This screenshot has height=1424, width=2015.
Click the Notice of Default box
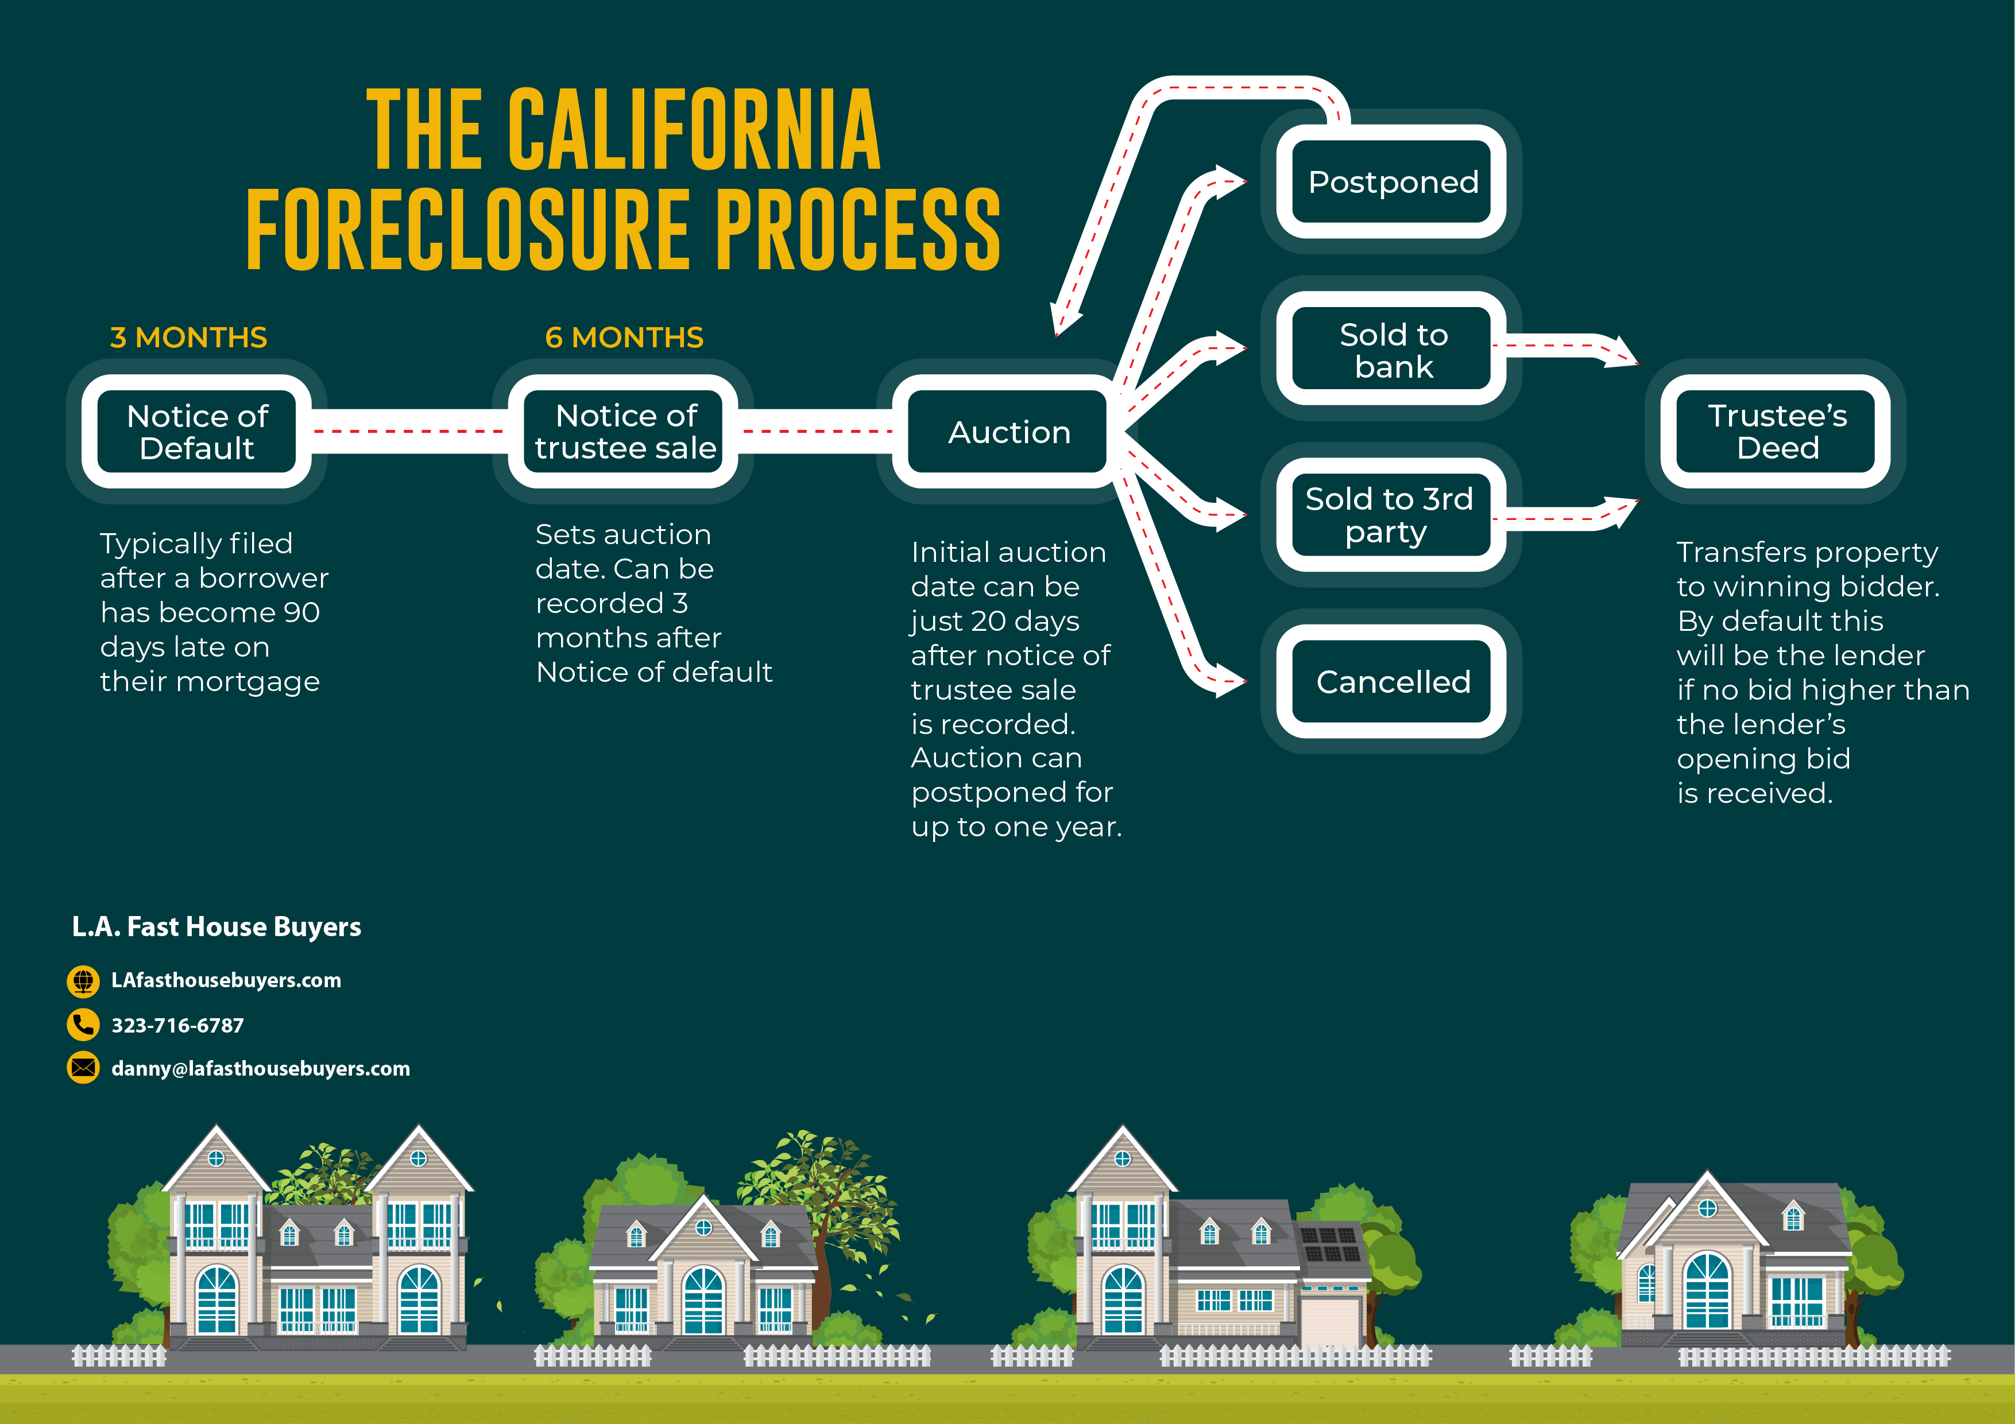pos(196,432)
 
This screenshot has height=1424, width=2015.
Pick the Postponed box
pos(1392,181)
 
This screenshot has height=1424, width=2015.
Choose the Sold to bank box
pos(1392,348)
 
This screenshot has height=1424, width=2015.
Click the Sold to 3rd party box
pos(1392,515)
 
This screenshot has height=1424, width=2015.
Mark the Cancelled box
pos(1392,682)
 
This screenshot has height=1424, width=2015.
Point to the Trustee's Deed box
pos(1776,432)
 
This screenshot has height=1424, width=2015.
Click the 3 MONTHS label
pos(189,338)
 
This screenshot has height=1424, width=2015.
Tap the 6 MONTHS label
pos(624,338)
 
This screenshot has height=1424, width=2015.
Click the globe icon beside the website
pos(83,981)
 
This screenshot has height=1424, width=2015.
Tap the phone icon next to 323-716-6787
pos(83,1025)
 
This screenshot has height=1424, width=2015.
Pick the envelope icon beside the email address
pos(83,1068)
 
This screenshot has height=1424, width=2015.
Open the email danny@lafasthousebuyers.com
pos(261,1069)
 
